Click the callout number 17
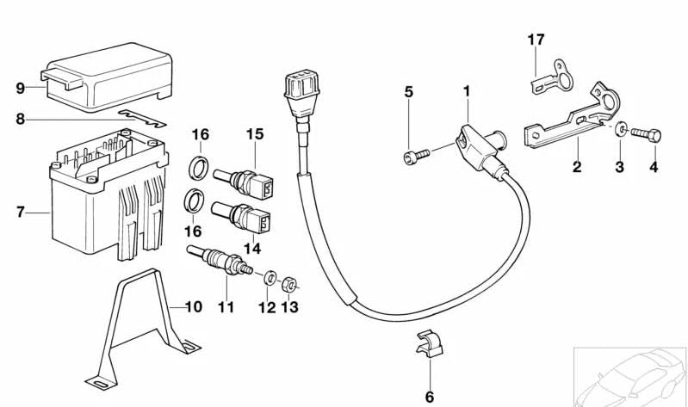point(536,40)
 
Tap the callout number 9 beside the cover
point(20,88)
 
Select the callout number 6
point(429,397)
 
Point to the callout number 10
point(193,307)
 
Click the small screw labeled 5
point(411,156)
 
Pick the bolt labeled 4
point(646,133)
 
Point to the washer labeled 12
point(269,278)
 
